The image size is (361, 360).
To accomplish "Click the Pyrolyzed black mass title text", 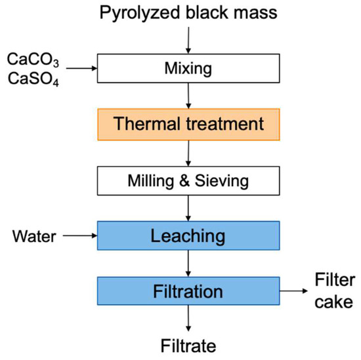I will tap(188, 12).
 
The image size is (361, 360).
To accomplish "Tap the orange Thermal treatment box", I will tap(188, 123).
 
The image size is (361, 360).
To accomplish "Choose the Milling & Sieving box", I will tap(188, 179).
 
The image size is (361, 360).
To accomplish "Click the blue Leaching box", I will tap(188, 235).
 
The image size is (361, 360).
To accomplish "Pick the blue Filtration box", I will tap(188, 290).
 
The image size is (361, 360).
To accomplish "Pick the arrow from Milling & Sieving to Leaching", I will tap(188, 207).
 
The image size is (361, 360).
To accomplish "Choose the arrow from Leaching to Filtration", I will tap(188, 262).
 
